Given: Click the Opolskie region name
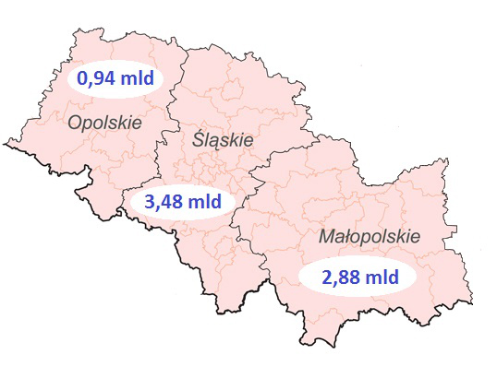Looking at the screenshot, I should coord(104,122).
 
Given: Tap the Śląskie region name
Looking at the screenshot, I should coord(223,140).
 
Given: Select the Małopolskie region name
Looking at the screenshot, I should coord(369,237).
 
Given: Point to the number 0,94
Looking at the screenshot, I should coord(95,79).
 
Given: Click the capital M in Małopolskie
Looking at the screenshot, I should coord(326,236).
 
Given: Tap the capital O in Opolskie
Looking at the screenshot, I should coord(75,122).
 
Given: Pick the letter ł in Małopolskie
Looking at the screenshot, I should coord(346,236).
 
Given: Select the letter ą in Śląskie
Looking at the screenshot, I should coord(218,142).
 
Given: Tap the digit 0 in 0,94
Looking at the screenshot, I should coord(81,79).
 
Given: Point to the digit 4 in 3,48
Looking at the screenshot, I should coord(160,201).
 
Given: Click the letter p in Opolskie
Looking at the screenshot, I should coord(88,124).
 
